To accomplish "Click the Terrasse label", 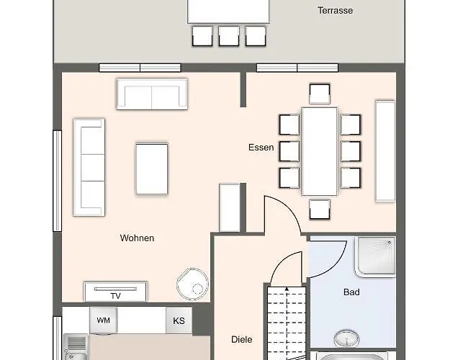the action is tap(335, 11).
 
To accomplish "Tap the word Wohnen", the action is tap(137, 238).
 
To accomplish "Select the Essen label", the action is tap(261, 148).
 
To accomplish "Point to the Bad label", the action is tap(351, 292).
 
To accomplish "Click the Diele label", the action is tap(241, 340).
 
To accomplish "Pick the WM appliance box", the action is tap(104, 320).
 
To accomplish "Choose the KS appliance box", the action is tap(179, 320).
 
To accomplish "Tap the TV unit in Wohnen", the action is tap(116, 292).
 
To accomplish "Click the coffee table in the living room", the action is tap(152, 168).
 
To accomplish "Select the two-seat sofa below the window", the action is tap(152, 94).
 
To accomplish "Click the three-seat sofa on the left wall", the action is tap(89, 167).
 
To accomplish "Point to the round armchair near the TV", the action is tap(193, 284).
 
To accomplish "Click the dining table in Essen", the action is tap(320, 151).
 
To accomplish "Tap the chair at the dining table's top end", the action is tap(320, 94).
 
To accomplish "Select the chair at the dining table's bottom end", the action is tap(320, 210).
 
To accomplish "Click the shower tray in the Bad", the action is tap(376, 256).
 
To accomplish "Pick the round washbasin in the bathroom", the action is tap(346, 338).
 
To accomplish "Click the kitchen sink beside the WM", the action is tap(76, 348).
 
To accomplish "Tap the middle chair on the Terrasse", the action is tap(229, 36).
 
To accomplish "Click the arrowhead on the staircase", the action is tap(287, 289).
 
